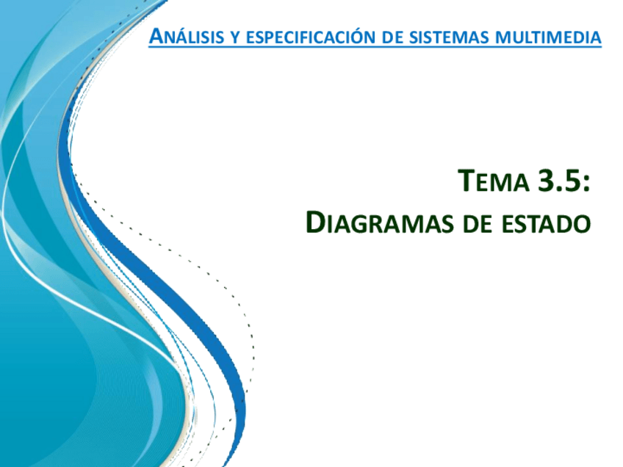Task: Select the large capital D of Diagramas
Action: click(x=315, y=222)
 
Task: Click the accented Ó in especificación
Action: click(x=367, y=36)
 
